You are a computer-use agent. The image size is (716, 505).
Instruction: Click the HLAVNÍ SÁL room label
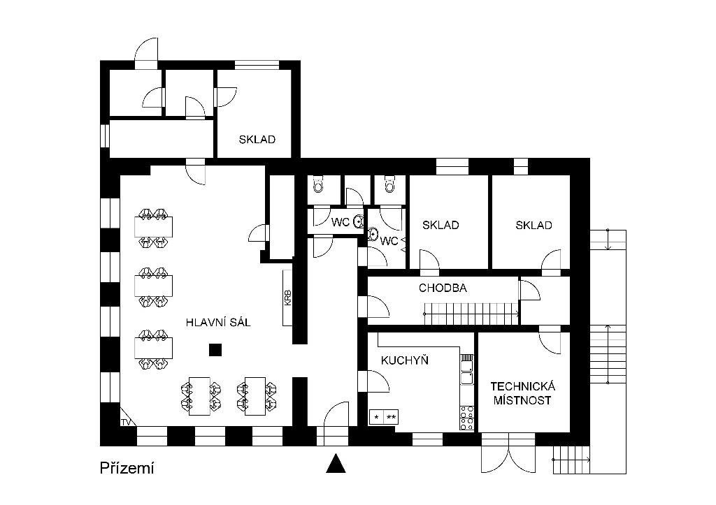[218, 323]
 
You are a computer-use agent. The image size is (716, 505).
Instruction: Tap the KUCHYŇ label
[405, 360]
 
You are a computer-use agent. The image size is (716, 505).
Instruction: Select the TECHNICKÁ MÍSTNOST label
[523, 393]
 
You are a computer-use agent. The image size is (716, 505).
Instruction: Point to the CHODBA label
[443, 288]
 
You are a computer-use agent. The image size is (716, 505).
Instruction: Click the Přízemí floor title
[127, 468]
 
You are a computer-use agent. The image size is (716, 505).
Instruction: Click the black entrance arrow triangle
[336, 463]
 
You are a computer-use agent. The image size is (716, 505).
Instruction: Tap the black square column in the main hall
[215, 350]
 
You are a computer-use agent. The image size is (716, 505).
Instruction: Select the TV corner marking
[126, 422]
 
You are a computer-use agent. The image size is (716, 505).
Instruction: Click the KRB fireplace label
[287, 298]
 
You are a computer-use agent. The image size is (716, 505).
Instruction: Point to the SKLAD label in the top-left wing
[257, 139]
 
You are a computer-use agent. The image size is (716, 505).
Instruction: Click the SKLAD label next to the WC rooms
[441, 225]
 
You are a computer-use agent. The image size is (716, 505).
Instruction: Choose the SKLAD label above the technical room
[534, 225]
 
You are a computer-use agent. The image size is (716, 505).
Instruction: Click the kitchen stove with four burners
[467, 418]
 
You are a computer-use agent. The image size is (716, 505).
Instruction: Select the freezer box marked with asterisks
[384, 417]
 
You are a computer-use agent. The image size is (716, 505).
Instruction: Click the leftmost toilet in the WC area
[319, 185]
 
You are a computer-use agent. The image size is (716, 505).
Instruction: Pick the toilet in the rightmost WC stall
[389, 184]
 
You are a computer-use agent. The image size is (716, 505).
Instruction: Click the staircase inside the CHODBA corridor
[472, 314]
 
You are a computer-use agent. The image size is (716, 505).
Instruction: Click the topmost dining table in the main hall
[153, 227]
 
